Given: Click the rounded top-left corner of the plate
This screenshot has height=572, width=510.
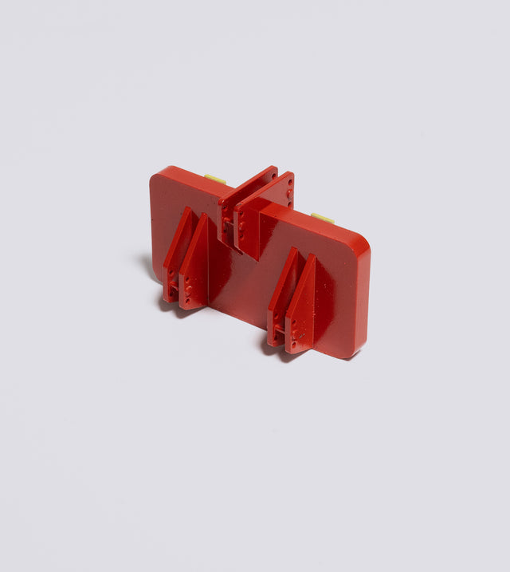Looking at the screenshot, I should pyautogui.click(x=160, y=175).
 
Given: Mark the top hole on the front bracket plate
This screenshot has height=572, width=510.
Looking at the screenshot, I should pyautogui.click(x=288, y=181).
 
